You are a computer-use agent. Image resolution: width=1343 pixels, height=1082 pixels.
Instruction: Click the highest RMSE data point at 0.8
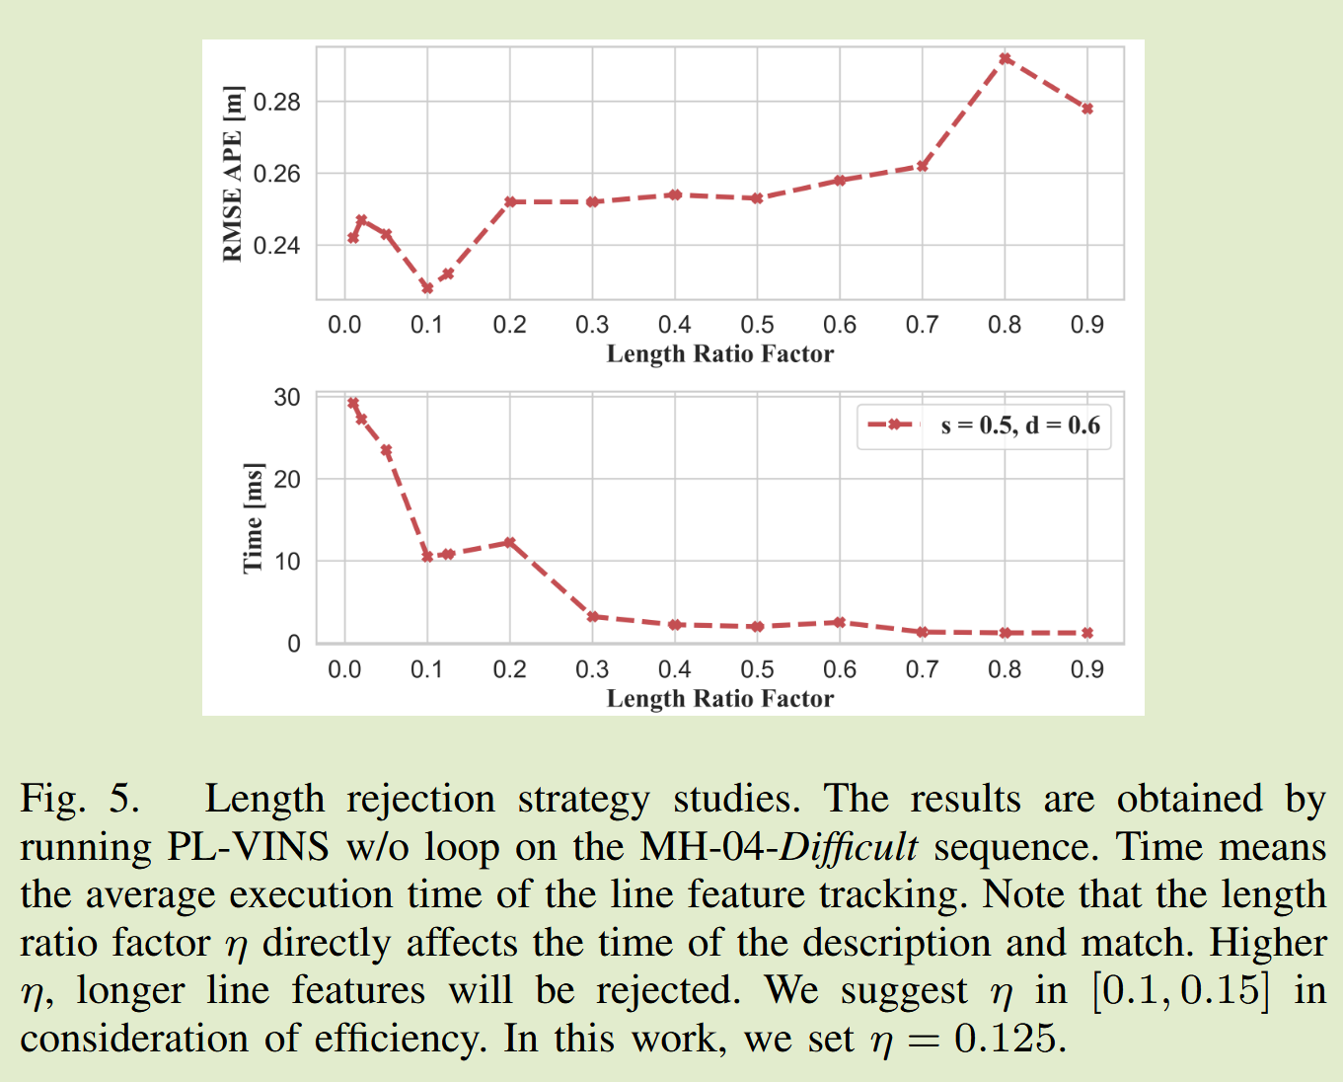1005,59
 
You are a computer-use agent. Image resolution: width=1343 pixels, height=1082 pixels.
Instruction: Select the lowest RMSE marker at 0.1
427,288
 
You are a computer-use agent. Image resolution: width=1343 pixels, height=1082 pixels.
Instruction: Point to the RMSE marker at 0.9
1087,109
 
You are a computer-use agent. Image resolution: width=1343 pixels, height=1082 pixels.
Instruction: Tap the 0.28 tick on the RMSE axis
276,103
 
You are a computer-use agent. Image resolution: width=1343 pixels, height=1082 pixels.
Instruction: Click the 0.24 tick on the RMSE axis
276,246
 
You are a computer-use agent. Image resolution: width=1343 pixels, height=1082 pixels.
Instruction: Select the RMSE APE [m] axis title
233,174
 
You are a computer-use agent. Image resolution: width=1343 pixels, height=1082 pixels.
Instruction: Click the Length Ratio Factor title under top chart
719,354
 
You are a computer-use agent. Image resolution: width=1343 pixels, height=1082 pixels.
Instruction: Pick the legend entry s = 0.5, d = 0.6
1019,425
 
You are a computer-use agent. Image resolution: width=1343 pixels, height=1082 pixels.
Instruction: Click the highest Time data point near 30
353,403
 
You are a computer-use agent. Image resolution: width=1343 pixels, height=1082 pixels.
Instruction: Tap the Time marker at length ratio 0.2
509,542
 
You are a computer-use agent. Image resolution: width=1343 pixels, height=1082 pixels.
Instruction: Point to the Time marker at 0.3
593,617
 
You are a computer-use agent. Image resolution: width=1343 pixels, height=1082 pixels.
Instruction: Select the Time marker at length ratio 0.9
1087,633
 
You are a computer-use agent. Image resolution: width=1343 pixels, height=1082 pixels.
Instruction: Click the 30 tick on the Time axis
287,398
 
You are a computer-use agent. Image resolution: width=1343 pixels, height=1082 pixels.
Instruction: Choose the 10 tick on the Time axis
287,562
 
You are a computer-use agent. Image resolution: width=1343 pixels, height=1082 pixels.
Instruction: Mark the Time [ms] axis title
254,517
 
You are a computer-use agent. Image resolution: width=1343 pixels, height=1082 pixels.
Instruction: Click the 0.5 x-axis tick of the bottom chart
757,669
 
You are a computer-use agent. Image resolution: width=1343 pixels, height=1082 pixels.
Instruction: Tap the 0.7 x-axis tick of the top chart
922,325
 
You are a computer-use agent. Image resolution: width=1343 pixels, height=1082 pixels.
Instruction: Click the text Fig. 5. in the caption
79,799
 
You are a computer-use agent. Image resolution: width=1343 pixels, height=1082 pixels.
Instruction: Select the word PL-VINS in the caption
248,847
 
